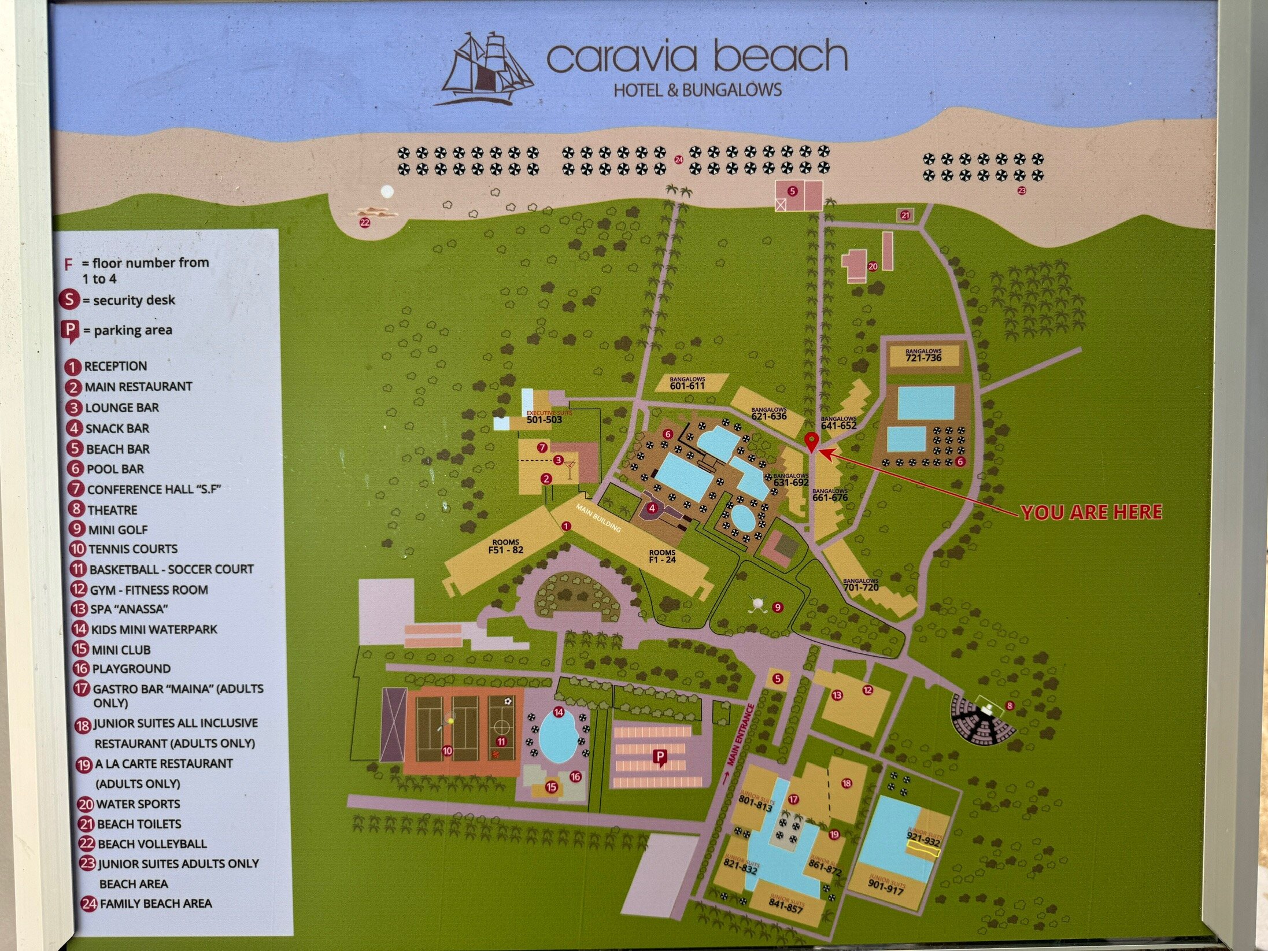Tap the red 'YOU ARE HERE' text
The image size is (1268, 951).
(1090, 512)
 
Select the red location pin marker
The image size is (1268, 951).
(812, 442)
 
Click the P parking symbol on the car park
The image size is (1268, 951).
(659, 757)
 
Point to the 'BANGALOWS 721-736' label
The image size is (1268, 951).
(923, 356)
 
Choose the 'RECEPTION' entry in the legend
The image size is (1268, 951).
(115, 366)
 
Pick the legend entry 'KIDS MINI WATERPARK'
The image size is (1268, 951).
(153, 629)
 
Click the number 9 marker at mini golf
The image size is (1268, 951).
(778, 607)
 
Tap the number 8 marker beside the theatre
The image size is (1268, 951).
(1010, 705)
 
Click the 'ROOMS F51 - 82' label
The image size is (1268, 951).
(505, 546)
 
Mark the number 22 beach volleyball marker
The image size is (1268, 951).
(364, 222)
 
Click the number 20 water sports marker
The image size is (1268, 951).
(873, 267)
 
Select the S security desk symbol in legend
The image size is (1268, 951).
(69, 300)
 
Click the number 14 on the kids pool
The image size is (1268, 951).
(559, 712)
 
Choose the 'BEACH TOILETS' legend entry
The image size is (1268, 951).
(139, 824)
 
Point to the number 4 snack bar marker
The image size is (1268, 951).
(652, 509)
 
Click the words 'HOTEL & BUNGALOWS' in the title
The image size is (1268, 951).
(697, 90)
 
